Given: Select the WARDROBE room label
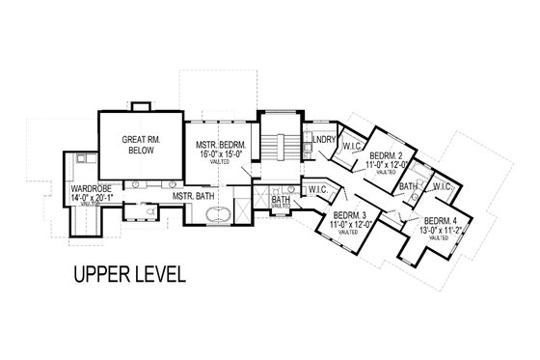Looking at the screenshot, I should pyautogui.click(x=86, y=188).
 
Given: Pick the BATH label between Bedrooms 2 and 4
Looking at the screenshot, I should pyautogui.click(x=410, y=185).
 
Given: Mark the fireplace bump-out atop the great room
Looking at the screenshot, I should pyautogui.click(x=142, y=104).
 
